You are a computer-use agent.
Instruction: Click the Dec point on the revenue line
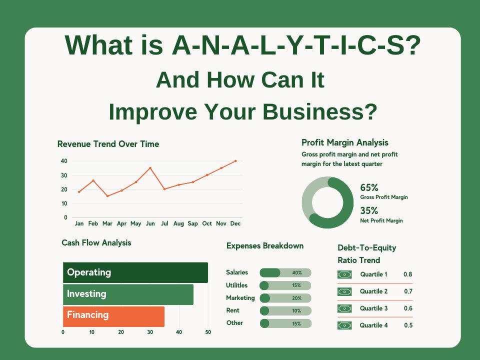point(235,161)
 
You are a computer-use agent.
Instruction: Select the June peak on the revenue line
point(150,168)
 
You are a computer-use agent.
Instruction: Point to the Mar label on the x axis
point(107,223)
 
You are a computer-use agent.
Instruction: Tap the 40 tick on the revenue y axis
point(64,161)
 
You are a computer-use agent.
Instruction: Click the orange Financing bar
point(113,315)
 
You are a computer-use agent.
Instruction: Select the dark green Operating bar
point(135,272)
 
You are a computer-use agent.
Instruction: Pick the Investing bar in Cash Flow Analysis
point(128,294)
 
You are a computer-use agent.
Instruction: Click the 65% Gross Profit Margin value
point(369,188)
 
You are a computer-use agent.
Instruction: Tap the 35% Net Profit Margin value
point(369,211)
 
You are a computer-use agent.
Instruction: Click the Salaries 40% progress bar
point(285,273)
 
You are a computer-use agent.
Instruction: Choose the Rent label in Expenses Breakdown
point(232,310)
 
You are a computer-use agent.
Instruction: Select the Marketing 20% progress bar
point(285,298)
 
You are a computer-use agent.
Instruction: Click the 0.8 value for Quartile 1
point(408,274)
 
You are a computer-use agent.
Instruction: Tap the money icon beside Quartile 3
point(344,308)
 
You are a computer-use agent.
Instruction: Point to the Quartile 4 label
point(373,325)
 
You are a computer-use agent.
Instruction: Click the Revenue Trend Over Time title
point(108,144)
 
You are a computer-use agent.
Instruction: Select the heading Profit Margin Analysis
point(345,143)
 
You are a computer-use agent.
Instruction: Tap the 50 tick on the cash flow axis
point(208,332)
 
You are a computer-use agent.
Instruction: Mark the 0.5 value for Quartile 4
point(408,325)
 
